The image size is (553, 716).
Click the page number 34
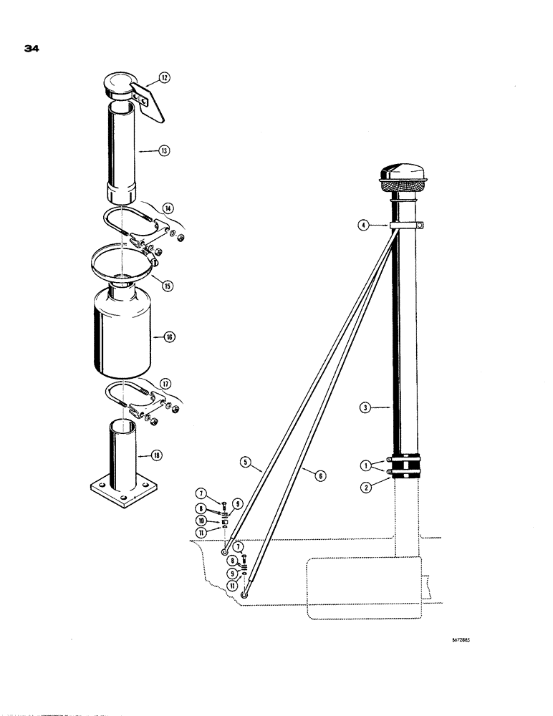(31, 49)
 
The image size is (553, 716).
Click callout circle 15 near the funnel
(168, 286)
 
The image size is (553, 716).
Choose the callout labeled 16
(170, 336)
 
